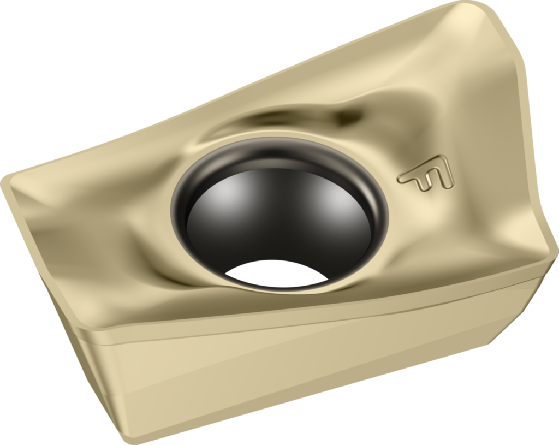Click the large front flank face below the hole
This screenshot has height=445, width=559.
point(273,377)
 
